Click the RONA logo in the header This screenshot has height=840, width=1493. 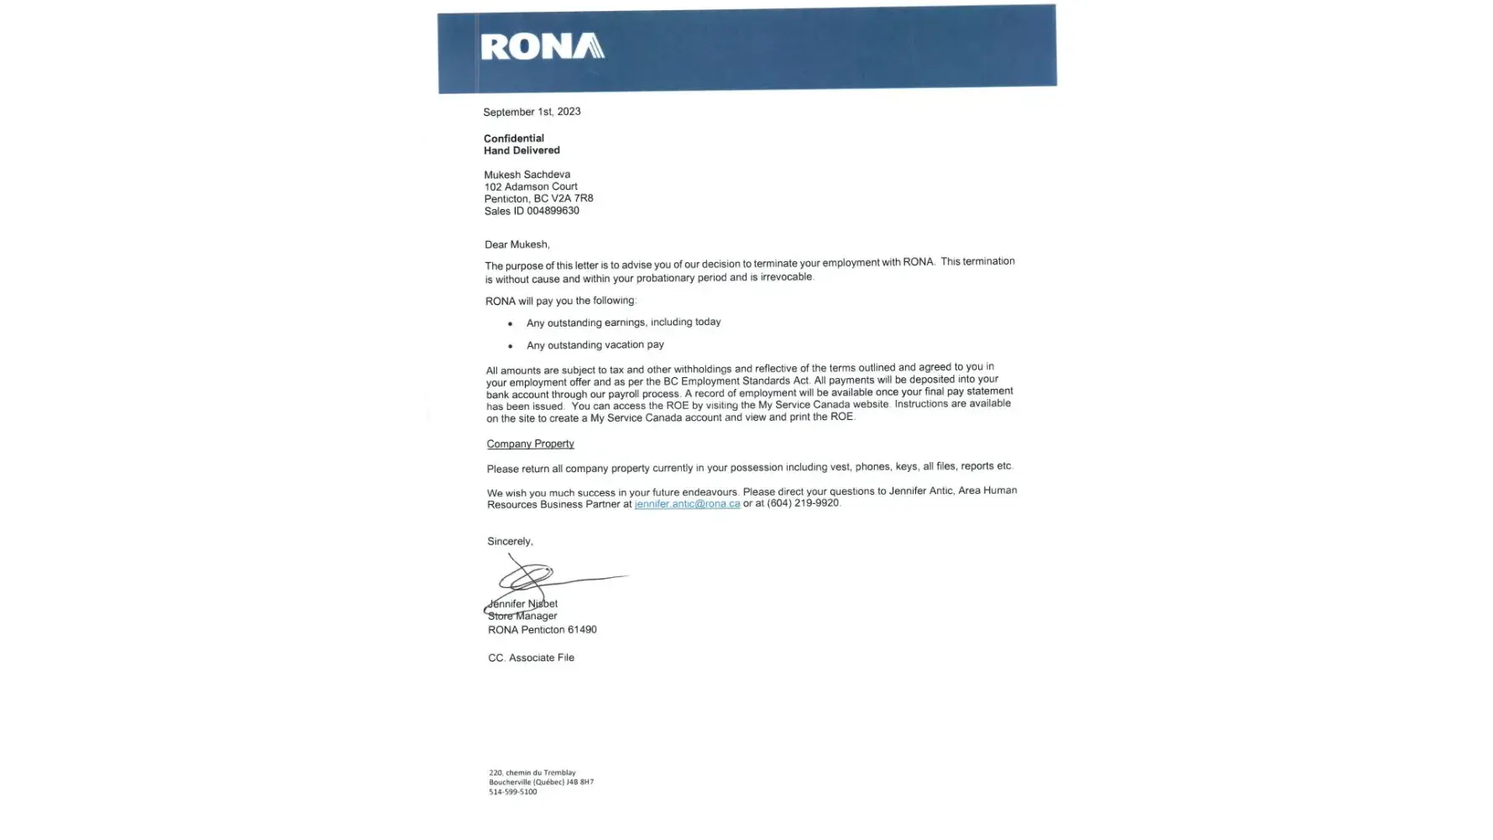click(x=542, y=46)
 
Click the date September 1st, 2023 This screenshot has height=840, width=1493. click(x=532, y=112)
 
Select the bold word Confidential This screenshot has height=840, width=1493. click(x=514, y=139)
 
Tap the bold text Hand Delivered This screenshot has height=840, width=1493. click(x=521, y=150)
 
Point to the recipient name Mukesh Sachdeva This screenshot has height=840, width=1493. click(x=526, y=175)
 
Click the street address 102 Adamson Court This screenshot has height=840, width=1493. click(x=531, y=186)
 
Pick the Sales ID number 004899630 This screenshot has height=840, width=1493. click(x=553, y=211)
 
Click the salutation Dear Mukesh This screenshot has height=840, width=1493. click(x=516, y=244)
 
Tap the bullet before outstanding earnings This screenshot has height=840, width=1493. click(x=510, y=323)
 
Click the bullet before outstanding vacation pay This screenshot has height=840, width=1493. click(x=510, y=346)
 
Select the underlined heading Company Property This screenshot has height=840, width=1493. click(x=530, y=444)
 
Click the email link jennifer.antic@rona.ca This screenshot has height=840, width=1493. click(x=687, y=504)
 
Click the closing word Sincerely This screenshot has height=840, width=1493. click(x=510, y=541)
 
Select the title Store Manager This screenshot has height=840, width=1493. click(x=522, y=616)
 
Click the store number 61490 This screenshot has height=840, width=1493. click(x=582, y=629)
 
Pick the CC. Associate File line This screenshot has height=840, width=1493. click(x=531, y=658)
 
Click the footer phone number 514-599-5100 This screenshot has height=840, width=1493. click(x=512, y=791)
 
